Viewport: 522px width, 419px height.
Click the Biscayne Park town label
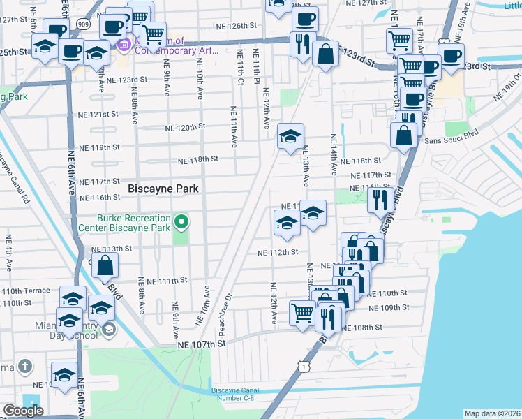coord(163,189)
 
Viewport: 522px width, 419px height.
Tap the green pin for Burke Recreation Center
coord(181,223)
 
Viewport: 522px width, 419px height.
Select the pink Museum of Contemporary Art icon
coord(125,45)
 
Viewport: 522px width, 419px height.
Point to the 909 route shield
coord(83,23)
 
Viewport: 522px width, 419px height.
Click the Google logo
coord(23,411)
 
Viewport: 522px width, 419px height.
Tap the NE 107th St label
coord(202,344)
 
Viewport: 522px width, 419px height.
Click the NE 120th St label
coord(184,128)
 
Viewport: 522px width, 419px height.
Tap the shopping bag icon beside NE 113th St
coord(105,265)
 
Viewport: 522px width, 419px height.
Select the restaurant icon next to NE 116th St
coord(380,200)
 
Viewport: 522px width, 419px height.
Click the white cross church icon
coord(24,366)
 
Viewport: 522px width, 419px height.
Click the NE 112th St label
coord(278,252)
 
